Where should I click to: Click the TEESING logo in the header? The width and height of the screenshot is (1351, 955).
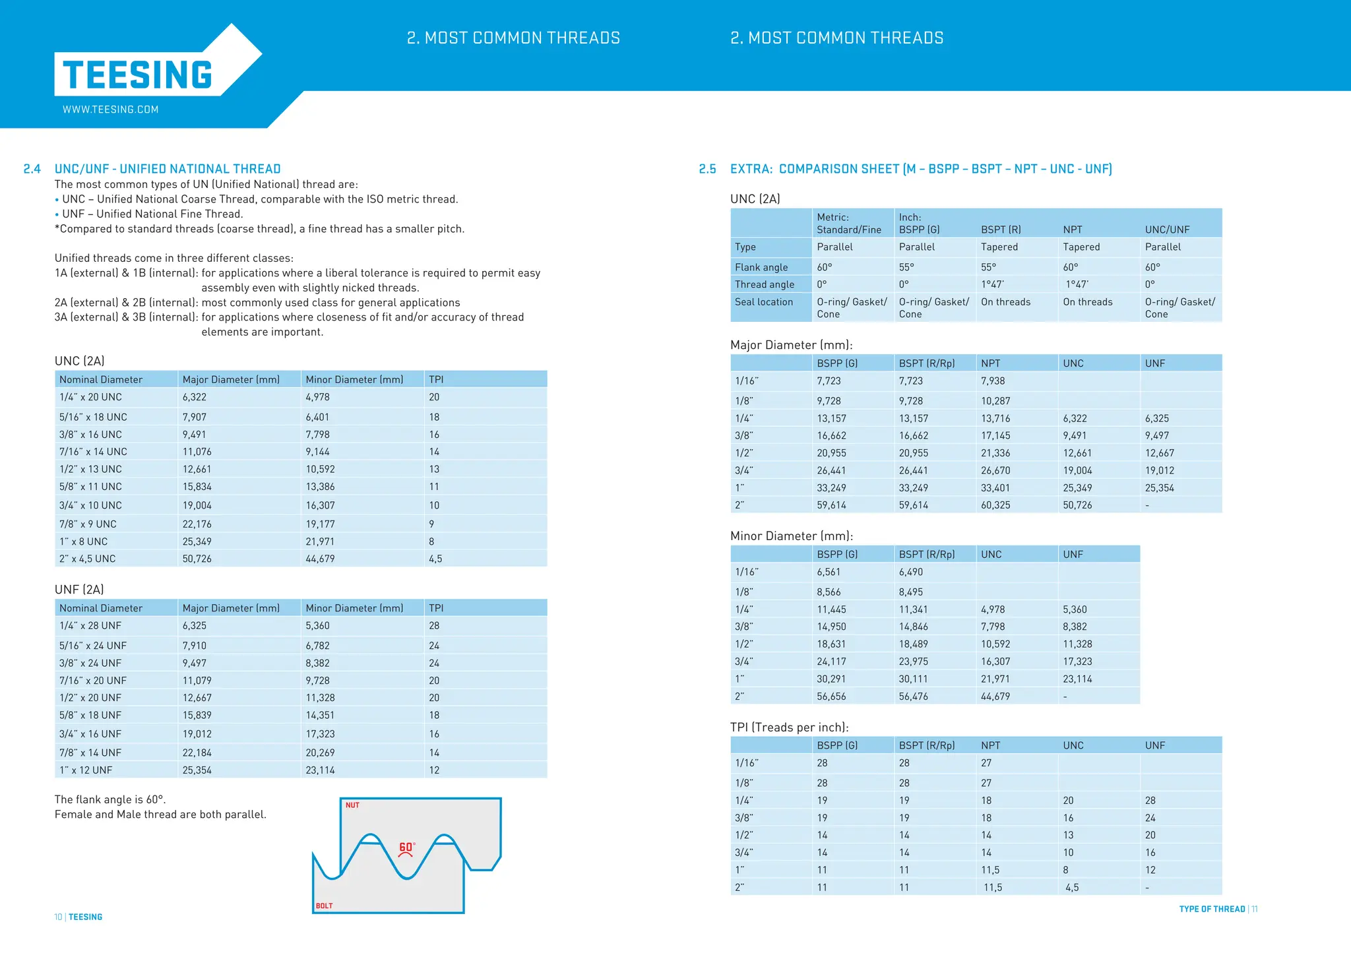point(138,75)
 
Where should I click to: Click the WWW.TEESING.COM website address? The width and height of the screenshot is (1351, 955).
point(110,109)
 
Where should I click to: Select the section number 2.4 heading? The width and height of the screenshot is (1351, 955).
point(32,169)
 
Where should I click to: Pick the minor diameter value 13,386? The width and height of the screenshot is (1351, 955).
point(320,487)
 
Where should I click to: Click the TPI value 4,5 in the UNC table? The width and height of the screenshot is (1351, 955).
point(435,559)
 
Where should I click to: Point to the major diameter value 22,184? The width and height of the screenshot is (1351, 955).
point(197,753)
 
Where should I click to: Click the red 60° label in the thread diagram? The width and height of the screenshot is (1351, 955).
point(406,847)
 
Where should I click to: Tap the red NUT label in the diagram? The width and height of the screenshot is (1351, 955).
point(352,805)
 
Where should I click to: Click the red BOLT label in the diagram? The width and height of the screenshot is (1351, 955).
point(324,906)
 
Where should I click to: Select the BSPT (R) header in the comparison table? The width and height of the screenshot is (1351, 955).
point(1001,230)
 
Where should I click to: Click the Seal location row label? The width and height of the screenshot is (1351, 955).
point(764,302)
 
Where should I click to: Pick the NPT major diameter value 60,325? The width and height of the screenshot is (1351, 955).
point(995,505)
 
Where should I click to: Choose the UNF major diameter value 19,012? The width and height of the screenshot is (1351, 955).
point(1159,470)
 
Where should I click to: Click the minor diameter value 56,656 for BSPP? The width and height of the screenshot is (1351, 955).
point(831,696)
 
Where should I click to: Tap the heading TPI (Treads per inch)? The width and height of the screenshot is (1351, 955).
point(789,727)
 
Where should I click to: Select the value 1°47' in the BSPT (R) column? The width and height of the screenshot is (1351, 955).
point(992,284)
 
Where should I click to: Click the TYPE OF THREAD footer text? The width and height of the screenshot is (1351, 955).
point(1211,909)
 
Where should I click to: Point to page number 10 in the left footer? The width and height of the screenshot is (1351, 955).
point(58,917)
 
